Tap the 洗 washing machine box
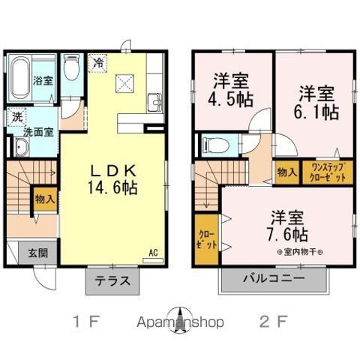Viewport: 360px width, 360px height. [16, 117]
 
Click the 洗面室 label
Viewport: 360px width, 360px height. [37, 131]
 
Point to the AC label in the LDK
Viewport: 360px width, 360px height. [152, 252]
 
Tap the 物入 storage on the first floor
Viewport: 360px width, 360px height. [44, 199]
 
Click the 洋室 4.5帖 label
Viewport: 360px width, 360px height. [232, 89]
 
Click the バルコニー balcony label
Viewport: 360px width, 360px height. [273, 278]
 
